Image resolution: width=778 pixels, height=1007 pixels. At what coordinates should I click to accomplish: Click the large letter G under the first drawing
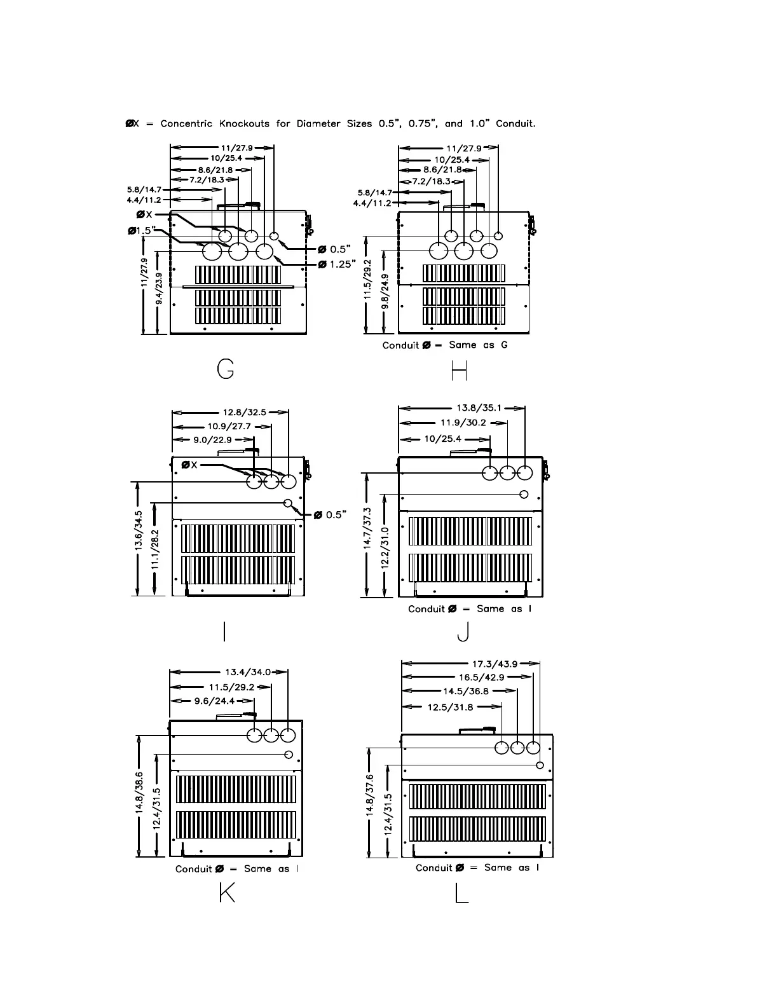pyautogui.click(x=226, y=369)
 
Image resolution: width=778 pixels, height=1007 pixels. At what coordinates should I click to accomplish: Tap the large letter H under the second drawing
pyautogui.click(x=459, y=370)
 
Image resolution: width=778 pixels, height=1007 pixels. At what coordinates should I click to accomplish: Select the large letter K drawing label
pyautogui.click(x=226, y=893)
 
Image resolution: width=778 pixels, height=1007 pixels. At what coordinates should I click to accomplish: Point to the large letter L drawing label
pyautogui.click(x=461, y=894)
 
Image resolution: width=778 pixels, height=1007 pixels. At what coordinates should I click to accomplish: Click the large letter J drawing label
pyautogui.click(x=465, y=632)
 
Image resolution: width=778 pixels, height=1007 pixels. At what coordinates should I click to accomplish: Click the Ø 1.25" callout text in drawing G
pyautogui.click(x=336, y=264)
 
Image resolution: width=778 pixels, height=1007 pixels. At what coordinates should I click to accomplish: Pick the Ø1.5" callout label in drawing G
pyautogui.click(x=142, y=230)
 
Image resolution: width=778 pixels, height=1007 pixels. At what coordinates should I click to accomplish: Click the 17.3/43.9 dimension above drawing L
pyautogui.click(x=495, y=664)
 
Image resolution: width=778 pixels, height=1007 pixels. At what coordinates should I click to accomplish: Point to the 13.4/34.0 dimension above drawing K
pyautogui.click(x=248, y=672)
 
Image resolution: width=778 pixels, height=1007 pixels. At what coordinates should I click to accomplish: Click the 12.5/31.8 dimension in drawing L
pyautogui.click(x=451, y=706)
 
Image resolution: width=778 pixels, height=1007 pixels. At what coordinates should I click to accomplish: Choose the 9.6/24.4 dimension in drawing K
pyautogui.click(x=214, y=701)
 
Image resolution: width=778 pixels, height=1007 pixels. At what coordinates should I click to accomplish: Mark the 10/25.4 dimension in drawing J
pyautogui.click(x=442, y=439)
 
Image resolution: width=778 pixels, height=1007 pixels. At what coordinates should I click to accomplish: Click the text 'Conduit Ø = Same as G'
pyautogui.click(x=445, y=345)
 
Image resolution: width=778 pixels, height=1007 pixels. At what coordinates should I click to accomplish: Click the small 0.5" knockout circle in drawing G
pyautogui.click(x=275, y=236)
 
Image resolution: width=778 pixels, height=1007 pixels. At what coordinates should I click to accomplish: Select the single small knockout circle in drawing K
pyautogui.click(x=289, y=755)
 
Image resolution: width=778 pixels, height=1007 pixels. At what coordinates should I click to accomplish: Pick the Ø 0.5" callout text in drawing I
pyautogui.click(x=331, y=515)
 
